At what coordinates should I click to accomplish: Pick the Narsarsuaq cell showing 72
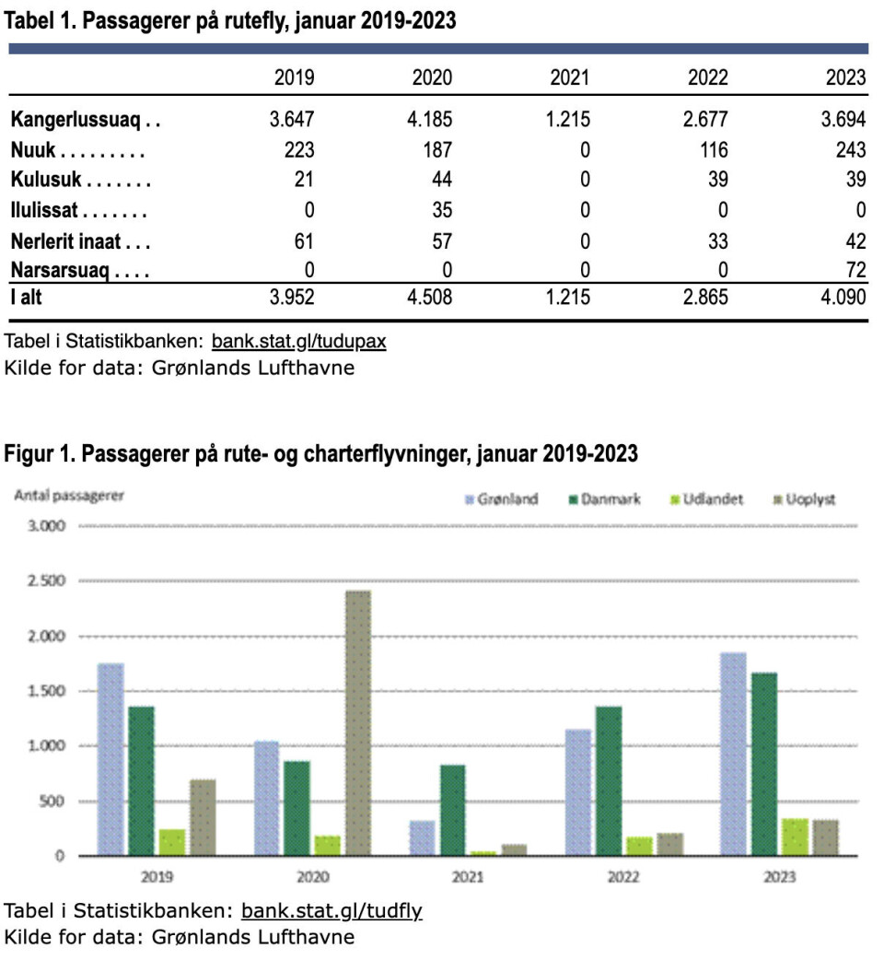[x=855, y=270]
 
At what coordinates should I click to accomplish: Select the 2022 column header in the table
[x=707, y=77]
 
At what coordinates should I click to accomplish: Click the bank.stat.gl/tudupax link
[x=298, y=342]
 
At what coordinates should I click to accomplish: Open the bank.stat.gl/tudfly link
[x=331, y=911]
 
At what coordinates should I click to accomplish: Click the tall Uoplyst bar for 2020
[x=358, y=722]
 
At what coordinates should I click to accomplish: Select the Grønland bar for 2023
[x=733, y=754]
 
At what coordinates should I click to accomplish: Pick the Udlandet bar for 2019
[x=171, y=842]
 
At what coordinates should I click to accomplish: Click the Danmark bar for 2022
[x=608, y=780]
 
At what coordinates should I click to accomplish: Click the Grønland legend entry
[x=502, y=499]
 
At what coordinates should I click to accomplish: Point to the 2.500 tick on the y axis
[x=47, y=581]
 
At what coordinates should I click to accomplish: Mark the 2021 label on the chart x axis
[x=468, y=878]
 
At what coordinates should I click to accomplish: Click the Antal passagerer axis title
[x=69, y=495]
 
